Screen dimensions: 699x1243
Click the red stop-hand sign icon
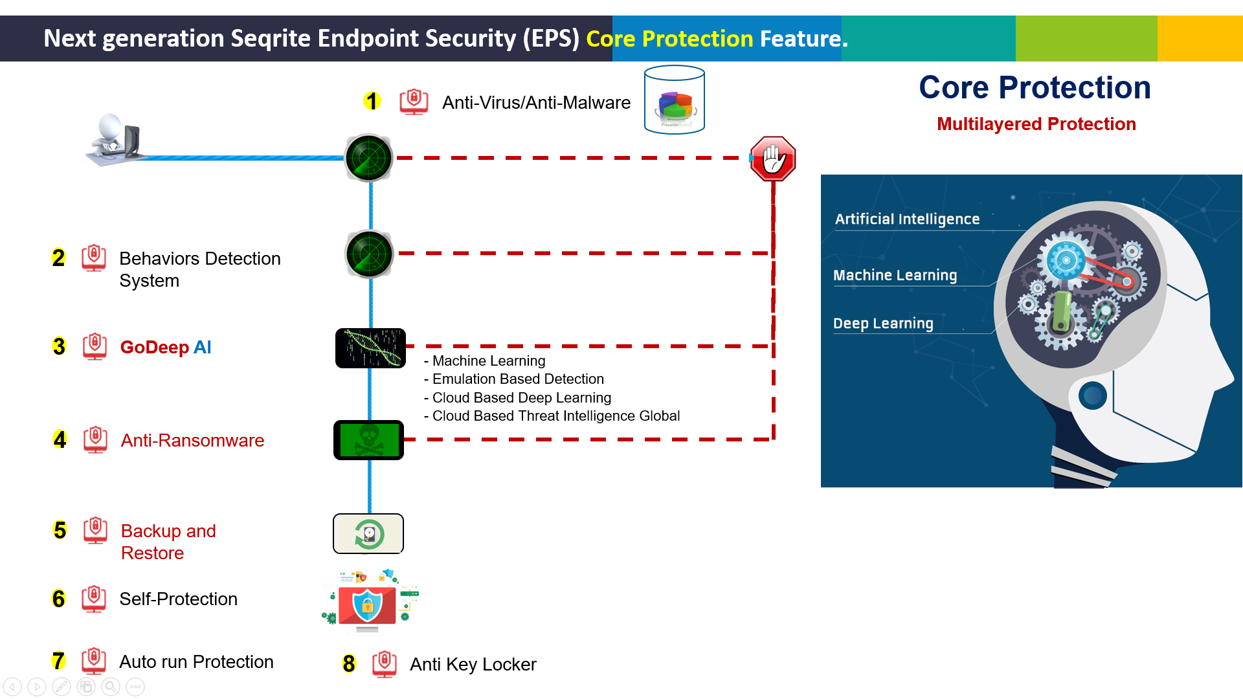pos(773,159)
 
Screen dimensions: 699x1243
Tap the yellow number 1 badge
pos(372,101)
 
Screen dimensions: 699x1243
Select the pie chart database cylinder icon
pos(675,100)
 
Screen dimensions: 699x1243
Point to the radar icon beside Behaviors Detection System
pos(369,254)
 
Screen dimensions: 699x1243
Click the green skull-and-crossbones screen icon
pos(368,440)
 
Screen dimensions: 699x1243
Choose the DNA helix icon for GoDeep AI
pos(370,348)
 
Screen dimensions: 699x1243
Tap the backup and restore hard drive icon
pos(368,534)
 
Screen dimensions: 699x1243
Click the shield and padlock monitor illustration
pos(368,602)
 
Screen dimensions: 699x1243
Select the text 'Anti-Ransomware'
pos(192,441)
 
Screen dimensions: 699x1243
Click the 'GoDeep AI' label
pos(166,348)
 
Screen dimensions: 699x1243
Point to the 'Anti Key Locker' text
pos(473,665)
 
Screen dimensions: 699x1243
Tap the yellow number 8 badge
pos(349,664)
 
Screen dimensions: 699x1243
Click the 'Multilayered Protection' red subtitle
pos(1036,124)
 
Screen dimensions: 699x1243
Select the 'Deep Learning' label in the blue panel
pos(883,324)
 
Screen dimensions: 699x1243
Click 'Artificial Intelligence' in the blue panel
pos(907,219)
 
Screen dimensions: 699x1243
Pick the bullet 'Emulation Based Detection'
pos(518,379)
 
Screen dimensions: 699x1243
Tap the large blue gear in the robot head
pos(1066,261)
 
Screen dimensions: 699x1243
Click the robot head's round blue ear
pos(1093,395)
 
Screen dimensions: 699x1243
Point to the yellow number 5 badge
pos(60,531)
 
